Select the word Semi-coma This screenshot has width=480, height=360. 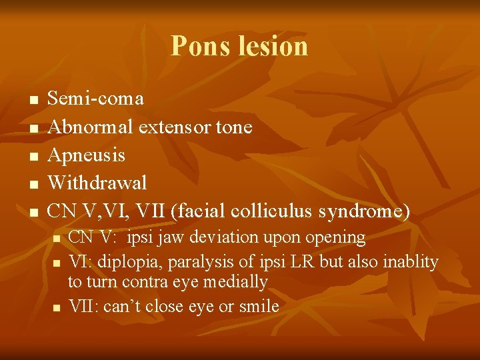(x=96, y=99)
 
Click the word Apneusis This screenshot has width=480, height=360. (x=87, y=155)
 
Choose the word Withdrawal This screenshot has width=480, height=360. (x=97, y=182)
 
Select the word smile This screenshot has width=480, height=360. (x=259, y=306)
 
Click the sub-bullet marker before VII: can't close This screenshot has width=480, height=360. (x=57, y=307)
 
